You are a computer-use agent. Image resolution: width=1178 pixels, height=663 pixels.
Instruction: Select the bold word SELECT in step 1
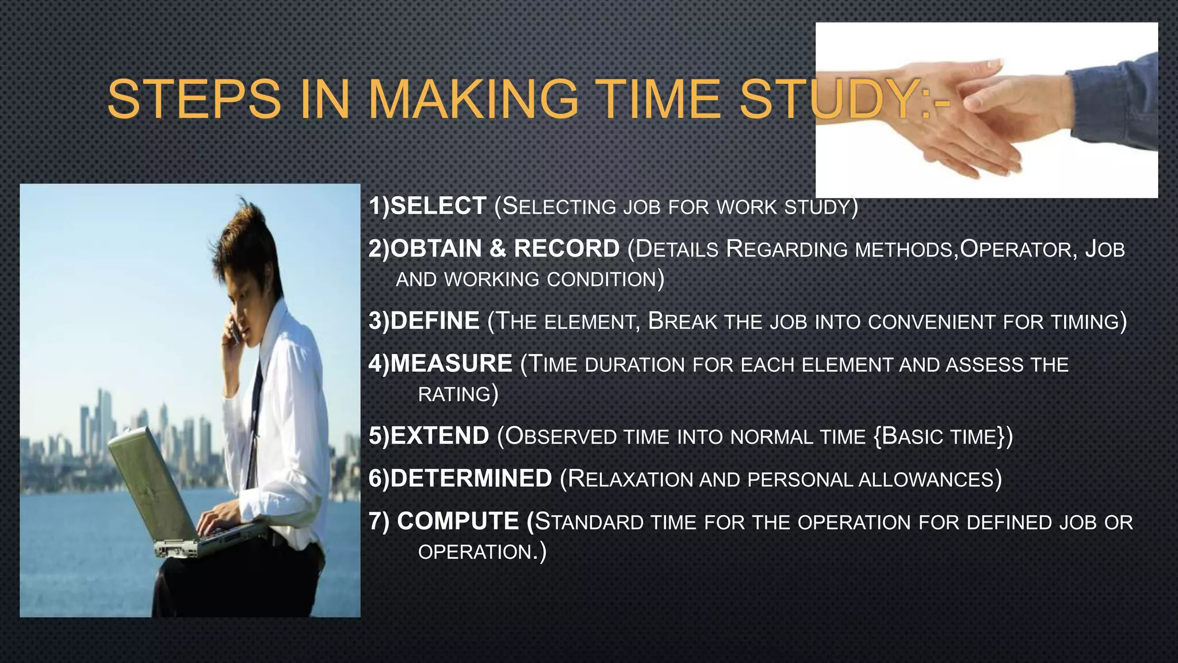438,206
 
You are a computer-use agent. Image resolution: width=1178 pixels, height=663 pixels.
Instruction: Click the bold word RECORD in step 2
567,249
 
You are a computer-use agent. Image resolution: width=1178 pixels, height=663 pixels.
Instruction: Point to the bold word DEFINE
435,321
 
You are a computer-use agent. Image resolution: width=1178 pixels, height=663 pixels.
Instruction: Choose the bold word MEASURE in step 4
451,364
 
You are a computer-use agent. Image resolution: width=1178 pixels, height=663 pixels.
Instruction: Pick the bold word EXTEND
440,436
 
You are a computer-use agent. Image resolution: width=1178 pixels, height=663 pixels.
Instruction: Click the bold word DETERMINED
471,479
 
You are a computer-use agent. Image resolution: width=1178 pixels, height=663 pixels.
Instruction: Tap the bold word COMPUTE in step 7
458,521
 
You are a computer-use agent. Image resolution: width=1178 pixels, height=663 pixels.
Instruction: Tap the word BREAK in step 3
683,321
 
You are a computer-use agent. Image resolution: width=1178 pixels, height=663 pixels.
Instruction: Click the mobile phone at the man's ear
235,332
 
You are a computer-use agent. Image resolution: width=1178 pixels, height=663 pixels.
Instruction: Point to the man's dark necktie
255,420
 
